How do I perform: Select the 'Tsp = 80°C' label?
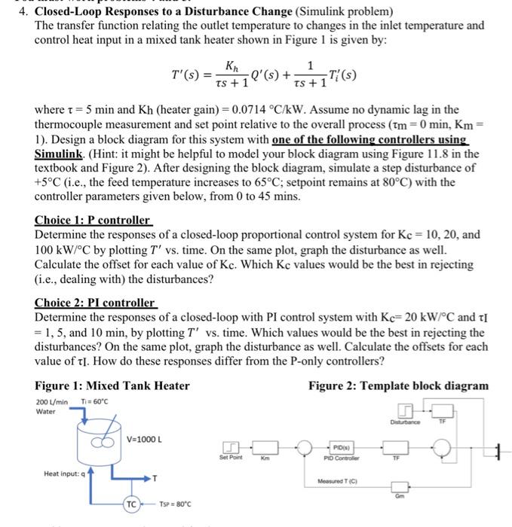(178, 504)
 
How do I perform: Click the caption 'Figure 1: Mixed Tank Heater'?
(112, 386)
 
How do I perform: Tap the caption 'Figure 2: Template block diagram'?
(398, 386)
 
